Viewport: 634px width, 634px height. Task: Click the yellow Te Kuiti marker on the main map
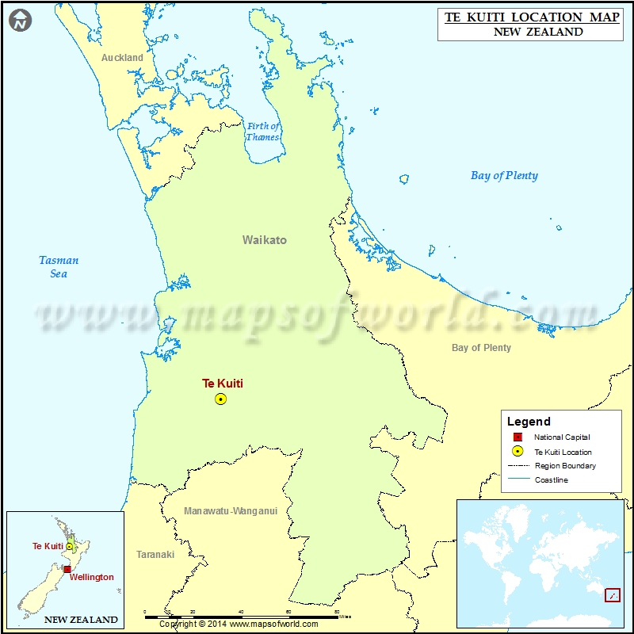point(220,399)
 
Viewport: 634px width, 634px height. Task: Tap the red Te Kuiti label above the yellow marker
point(223,384)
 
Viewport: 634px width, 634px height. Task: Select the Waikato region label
point(265,240)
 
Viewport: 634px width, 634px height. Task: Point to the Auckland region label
point(122,58)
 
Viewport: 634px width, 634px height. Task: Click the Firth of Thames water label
point(263,132)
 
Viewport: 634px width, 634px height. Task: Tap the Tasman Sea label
point(59,267)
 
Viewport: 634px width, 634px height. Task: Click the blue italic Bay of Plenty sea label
point(504,176)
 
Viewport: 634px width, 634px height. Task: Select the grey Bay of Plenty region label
point(481,348)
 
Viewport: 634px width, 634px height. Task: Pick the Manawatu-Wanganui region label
point(231,511)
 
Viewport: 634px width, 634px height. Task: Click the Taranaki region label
point(155,555)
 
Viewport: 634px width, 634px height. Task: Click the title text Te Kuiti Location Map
point(532,17)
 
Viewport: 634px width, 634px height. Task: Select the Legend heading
point(529,422)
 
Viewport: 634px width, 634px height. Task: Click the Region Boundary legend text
point(565,466)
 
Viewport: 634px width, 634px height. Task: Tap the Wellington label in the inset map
point(93,577)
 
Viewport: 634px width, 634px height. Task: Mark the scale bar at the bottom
point(242,613)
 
